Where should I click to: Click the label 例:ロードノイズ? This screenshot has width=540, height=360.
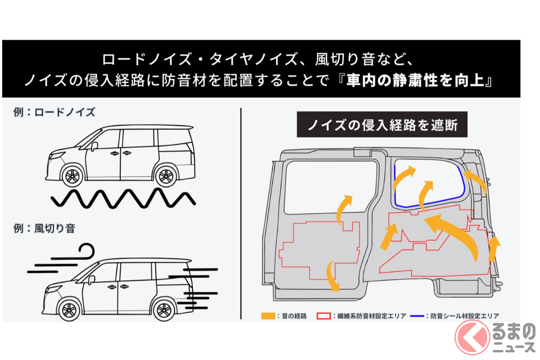pyautogui.click(x=54, y=112)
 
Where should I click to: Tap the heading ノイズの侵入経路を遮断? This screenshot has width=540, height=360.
pyautogui.click(x=382, y=125)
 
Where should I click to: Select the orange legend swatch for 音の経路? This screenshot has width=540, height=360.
pyautogui.click(x=268, y=316)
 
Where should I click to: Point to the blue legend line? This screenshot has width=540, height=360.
pyautogui.click(x=416, y=316)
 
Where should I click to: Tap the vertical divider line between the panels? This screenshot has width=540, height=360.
pyautogui.click(x=242, y=211)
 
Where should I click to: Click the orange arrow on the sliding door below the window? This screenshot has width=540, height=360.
pyautogui.click(x=343, y=208)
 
